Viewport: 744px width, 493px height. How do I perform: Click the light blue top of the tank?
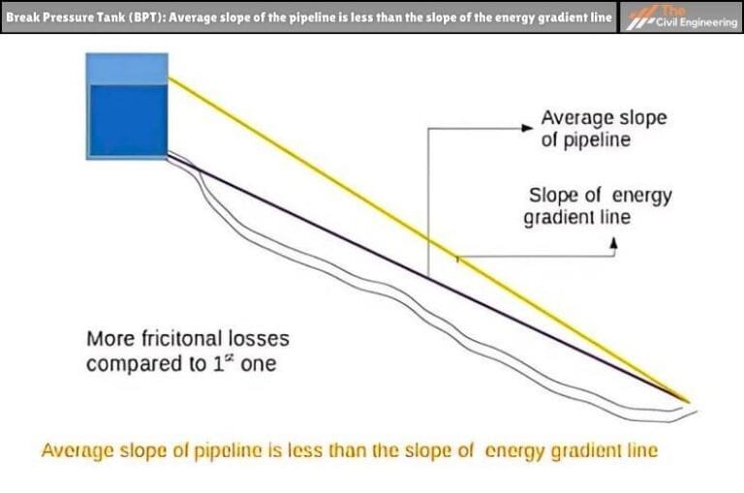[x=127, y=68]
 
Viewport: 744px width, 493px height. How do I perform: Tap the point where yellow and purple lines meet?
[x=687, y=399]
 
